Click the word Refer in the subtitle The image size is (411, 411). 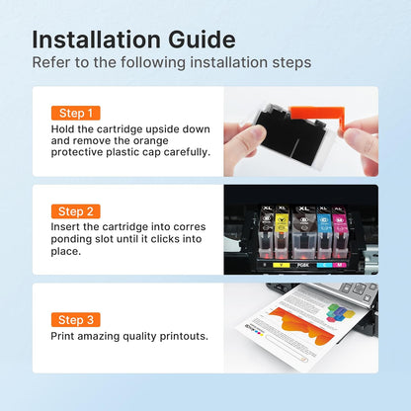point(52,62)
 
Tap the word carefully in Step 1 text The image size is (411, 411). point(183,154)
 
